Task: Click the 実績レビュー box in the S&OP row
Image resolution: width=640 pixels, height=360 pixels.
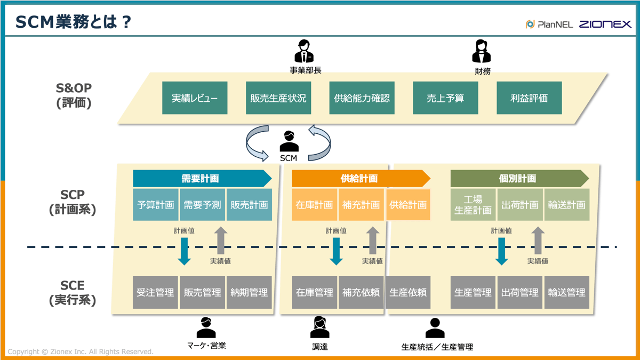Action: tap(195, 98)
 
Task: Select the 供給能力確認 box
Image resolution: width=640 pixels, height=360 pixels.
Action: tap(362, 98)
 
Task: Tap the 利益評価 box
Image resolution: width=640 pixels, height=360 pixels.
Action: tap(529, 98)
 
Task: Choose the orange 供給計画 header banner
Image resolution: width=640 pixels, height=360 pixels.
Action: tap(360, 179)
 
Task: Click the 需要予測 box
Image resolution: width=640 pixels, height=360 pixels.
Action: tap(202, 205)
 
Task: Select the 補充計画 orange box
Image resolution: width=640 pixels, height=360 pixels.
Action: tap(361, 205)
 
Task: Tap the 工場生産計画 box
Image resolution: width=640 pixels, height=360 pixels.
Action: tap(473, 205)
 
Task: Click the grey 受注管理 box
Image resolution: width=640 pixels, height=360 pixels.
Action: tap(155, 292)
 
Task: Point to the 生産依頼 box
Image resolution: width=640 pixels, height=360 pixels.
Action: tap(408, 292)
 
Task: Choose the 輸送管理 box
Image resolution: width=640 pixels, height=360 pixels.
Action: tap(566, 292)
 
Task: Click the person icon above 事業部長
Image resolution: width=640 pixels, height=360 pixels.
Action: tap(304, 52)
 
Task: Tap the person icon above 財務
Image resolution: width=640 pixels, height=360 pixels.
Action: tap(481, 52)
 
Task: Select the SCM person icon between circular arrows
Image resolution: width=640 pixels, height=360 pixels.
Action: tap(289, 141)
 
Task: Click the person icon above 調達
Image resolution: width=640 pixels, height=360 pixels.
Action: tap(319, 327)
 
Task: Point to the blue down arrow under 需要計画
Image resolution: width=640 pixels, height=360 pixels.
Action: tap(184, 251)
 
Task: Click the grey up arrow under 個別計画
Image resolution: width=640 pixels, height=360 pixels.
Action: tap(538, 241)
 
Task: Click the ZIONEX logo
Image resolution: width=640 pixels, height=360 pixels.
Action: tap(605, 25)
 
